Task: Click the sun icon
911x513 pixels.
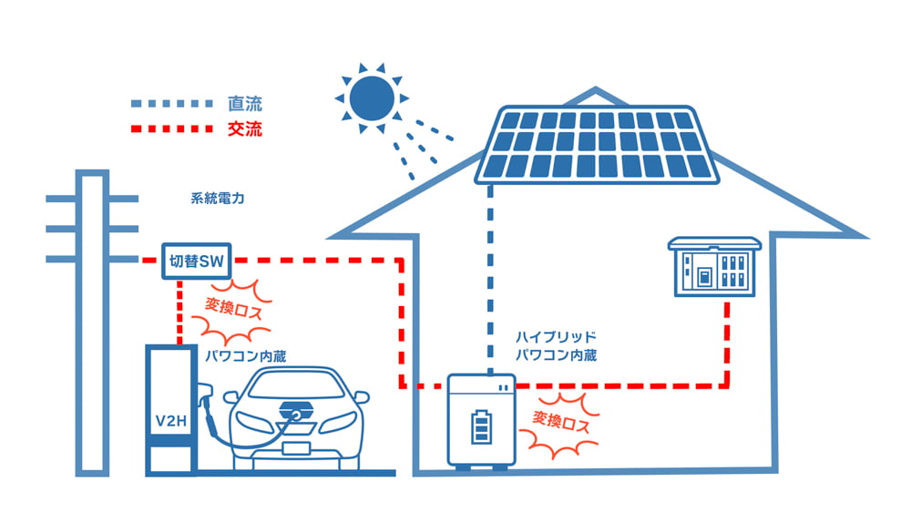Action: pos(371,97)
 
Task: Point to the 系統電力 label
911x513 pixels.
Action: pos(218,198)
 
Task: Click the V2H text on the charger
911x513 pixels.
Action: pos(171,422)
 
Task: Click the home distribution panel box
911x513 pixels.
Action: pos(714,266)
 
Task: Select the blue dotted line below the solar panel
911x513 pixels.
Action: pos(490,273)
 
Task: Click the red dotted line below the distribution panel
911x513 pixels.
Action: pos(727,337)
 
